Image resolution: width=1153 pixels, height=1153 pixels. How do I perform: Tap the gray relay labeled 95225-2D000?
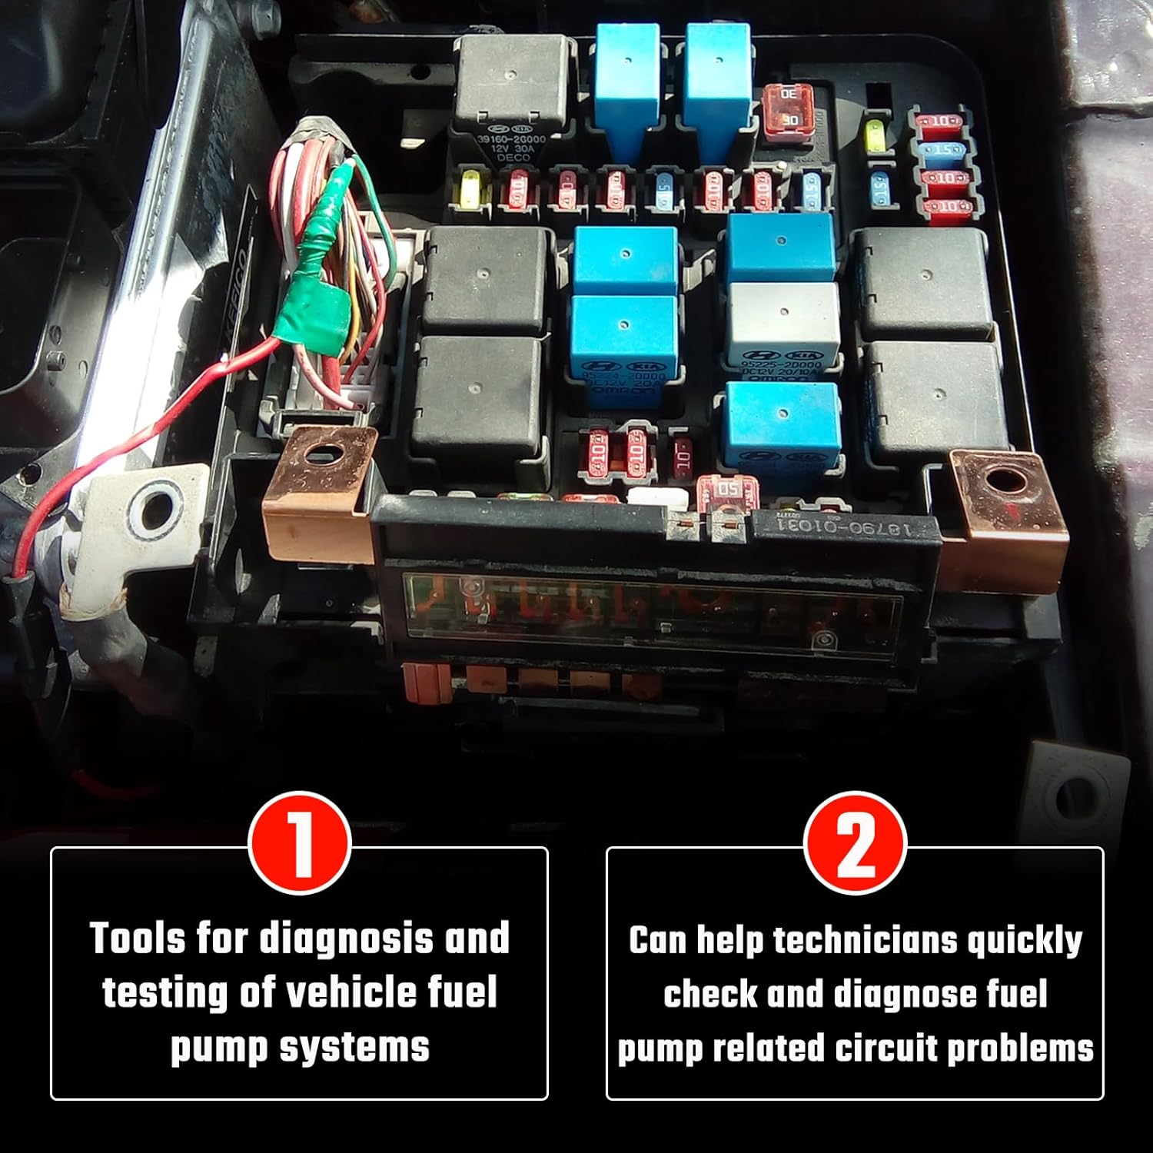pos(783,327)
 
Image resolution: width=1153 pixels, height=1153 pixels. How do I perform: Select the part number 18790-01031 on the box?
pos(846,530)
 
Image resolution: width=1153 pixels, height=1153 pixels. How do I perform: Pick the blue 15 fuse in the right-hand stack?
pos(941,149)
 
